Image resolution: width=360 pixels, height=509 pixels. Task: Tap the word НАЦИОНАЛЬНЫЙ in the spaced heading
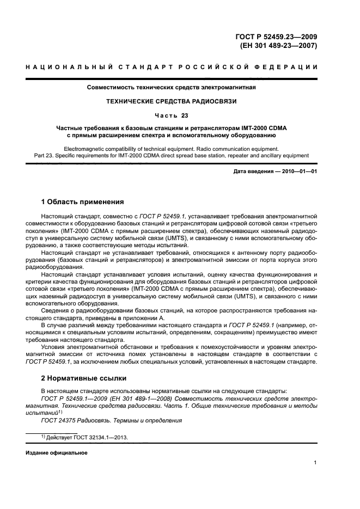(62, 67)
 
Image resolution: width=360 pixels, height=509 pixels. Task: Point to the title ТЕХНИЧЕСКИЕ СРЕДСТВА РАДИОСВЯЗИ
(172, 101)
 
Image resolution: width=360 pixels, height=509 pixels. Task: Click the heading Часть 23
(172, 115)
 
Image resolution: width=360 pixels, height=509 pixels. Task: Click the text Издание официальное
(57, 453)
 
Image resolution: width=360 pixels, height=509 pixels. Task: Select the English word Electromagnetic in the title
(85, 148)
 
